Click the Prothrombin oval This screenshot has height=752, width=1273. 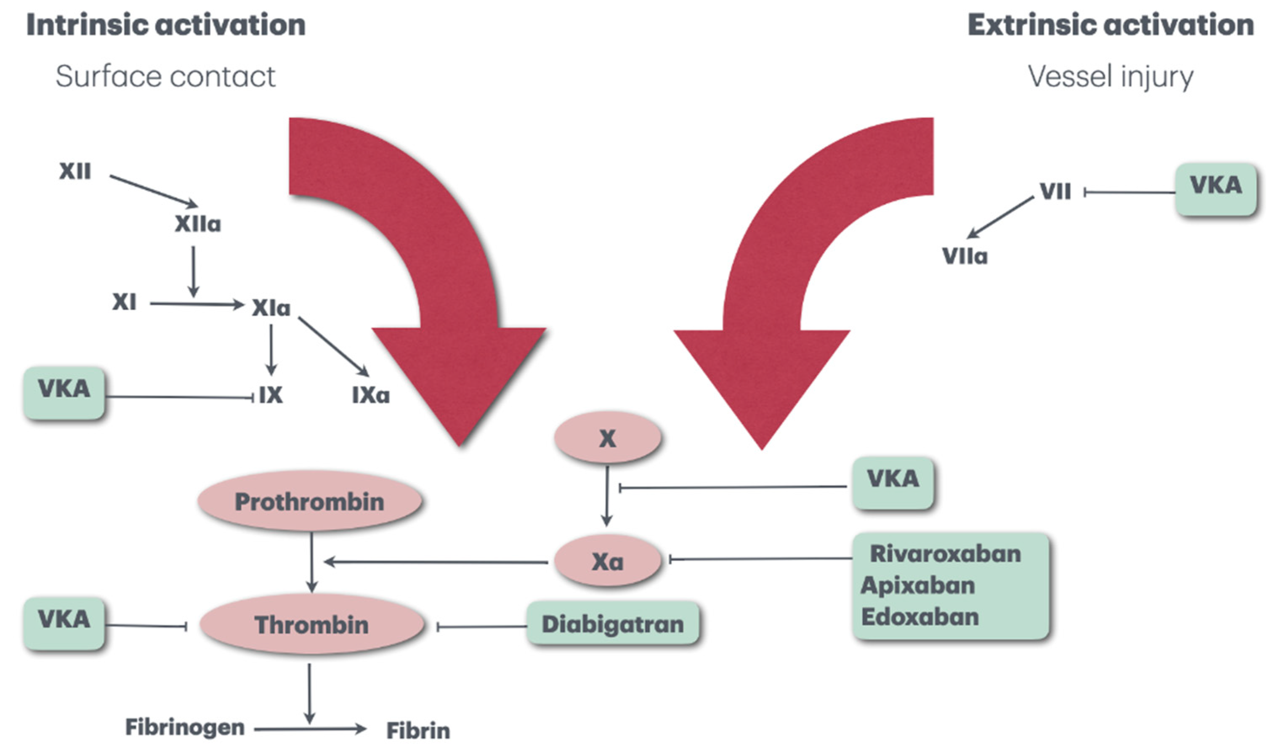point(310,502)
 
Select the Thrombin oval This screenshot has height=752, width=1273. point(312,624)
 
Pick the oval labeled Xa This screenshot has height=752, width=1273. point(608,561)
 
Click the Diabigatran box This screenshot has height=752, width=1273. point(613,624)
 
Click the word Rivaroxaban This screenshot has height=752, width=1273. point(945,553)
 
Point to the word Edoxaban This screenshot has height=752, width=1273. point(920,616)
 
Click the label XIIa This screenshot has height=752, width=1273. point(198,224)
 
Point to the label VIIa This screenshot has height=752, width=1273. point(965,256)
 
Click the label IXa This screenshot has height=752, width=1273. point(370,395)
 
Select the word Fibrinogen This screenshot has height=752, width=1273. point(185,727)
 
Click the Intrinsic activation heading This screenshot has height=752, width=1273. point(166,24)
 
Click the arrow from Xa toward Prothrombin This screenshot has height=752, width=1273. point(436,561)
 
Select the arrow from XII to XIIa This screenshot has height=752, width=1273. point(154,191)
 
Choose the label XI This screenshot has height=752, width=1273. point(124,303)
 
